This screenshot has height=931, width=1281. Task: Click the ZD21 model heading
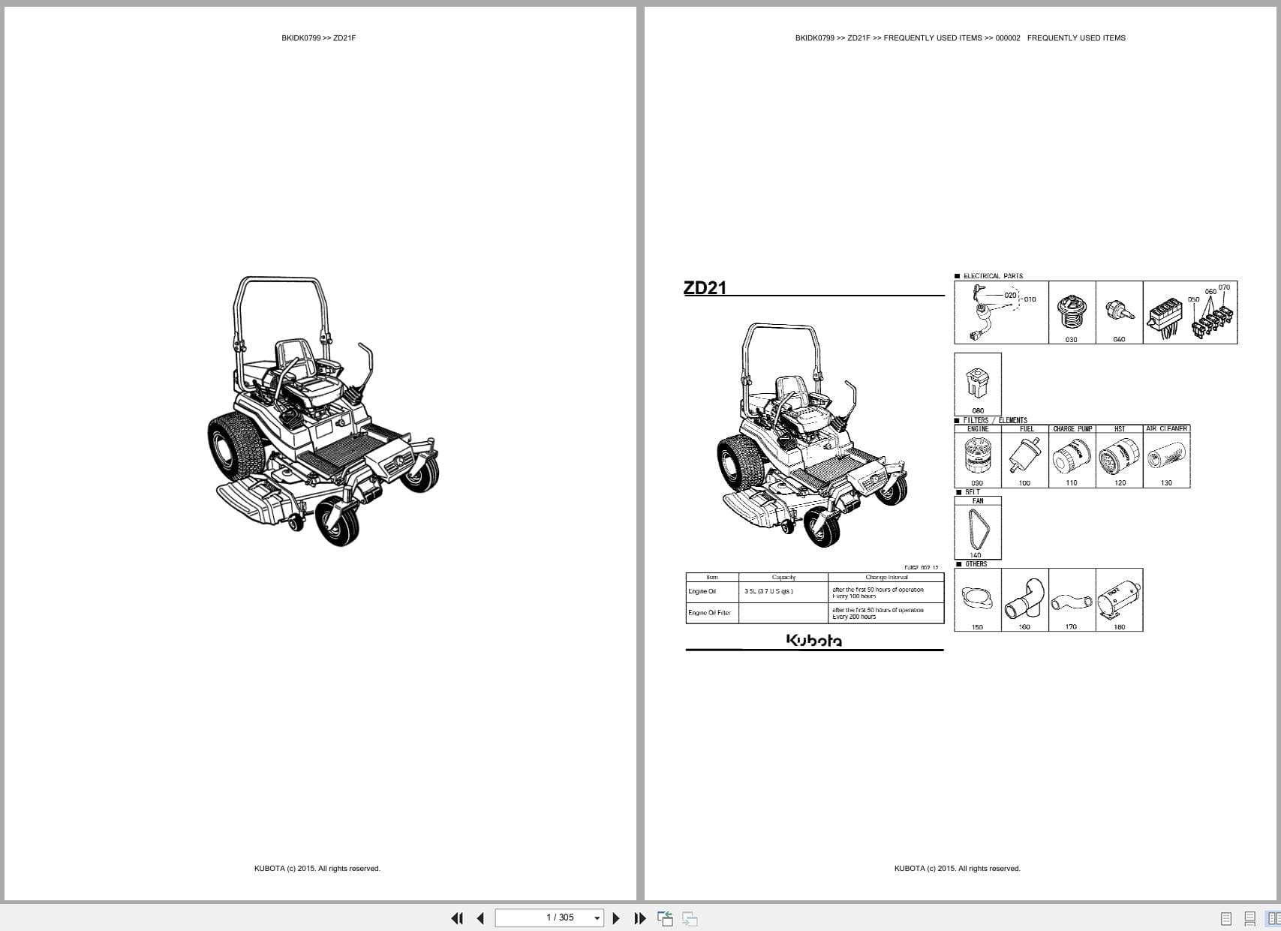(x=705, y=287)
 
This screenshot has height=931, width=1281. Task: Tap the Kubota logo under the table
(x=814, y=640)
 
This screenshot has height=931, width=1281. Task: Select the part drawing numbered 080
(x=977, y=383)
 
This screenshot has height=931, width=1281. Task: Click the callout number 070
(x=1224, y=287)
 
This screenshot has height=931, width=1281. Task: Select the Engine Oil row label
(x=702, y=592)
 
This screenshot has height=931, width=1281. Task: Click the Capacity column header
(x=783, y=578)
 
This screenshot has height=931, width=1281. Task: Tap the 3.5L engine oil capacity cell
(x=768, y=592)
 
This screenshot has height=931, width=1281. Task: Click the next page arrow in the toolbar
(x=616, y=918)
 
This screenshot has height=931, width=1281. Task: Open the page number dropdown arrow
(x=597, y=918)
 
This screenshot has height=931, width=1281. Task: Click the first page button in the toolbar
(x=456, y=918)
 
